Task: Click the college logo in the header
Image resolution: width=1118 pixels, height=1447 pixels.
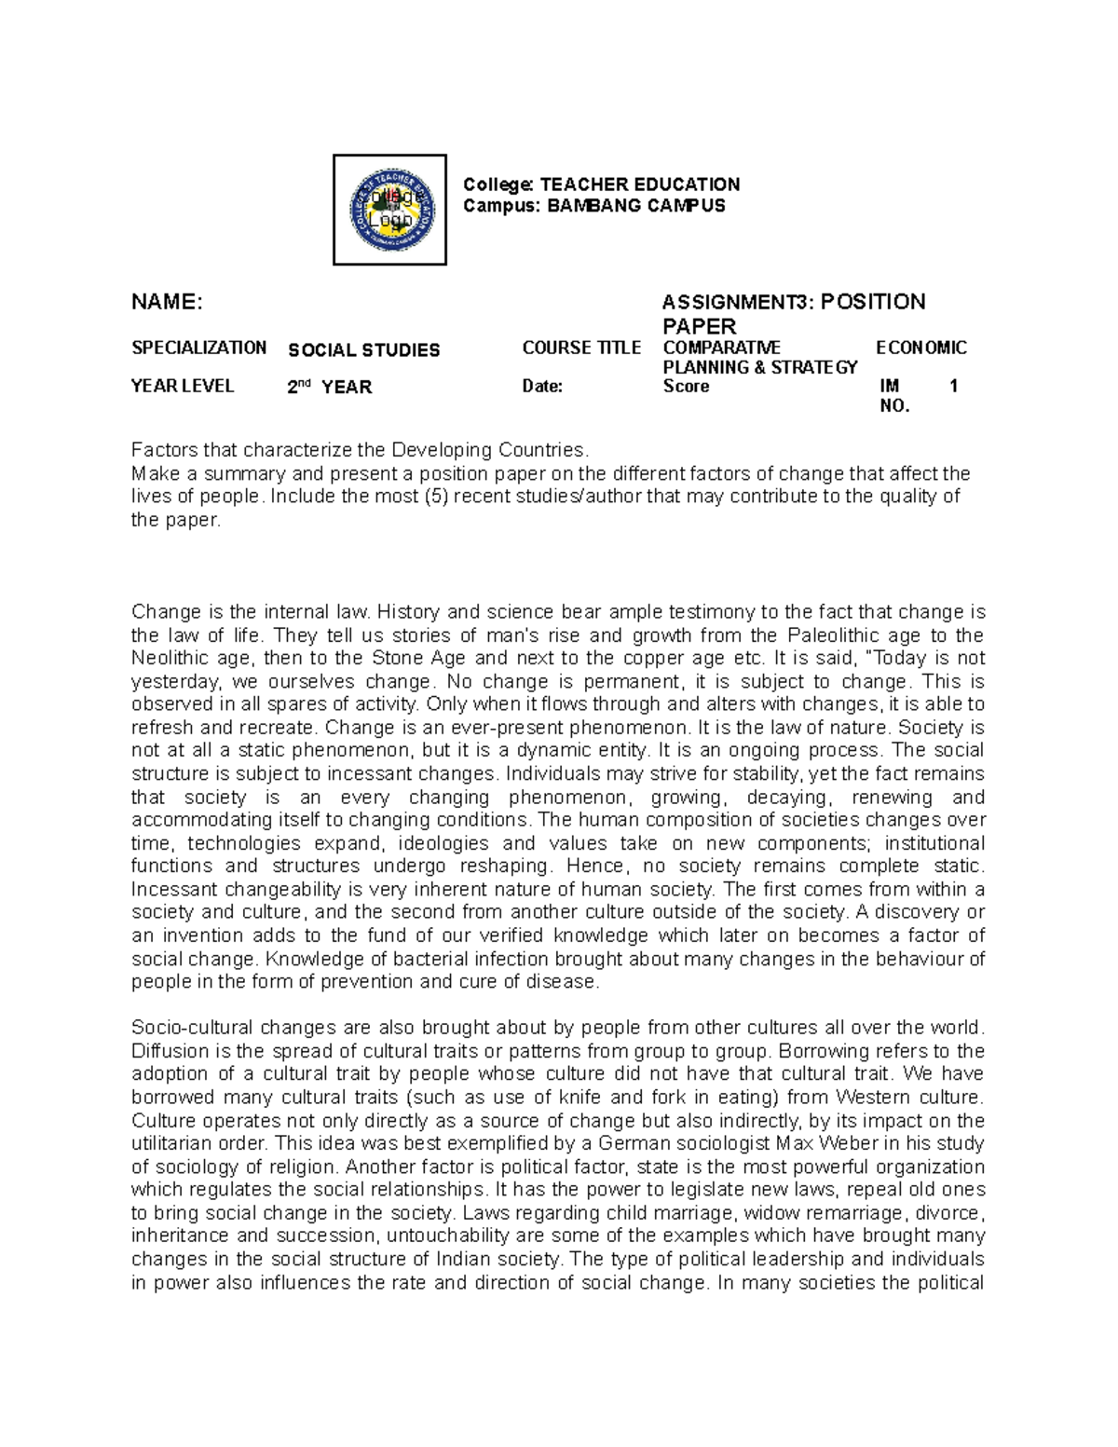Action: tap(389, 210)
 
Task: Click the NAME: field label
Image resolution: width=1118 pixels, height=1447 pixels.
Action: tap(167, 302)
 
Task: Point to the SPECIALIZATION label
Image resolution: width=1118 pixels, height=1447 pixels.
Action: tap(198, 348)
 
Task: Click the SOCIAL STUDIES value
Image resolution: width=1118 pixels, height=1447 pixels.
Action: tap(363, 350)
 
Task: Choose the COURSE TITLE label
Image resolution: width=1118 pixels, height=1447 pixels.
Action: tap(580, 348)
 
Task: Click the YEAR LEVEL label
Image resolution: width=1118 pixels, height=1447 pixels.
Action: tap(183, 386)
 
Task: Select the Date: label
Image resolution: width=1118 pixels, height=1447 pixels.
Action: tap(542, 387)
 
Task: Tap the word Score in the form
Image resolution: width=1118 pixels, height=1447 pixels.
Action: tap(686, 387)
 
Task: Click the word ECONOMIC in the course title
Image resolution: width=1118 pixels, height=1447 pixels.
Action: tap(921, 348)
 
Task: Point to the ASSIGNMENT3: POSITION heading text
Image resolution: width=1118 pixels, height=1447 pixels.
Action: tap(793, 302)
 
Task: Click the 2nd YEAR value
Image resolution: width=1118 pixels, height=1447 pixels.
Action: tap(329, 387)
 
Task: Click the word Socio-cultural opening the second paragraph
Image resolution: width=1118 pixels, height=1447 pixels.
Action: tap(191, 1028)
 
